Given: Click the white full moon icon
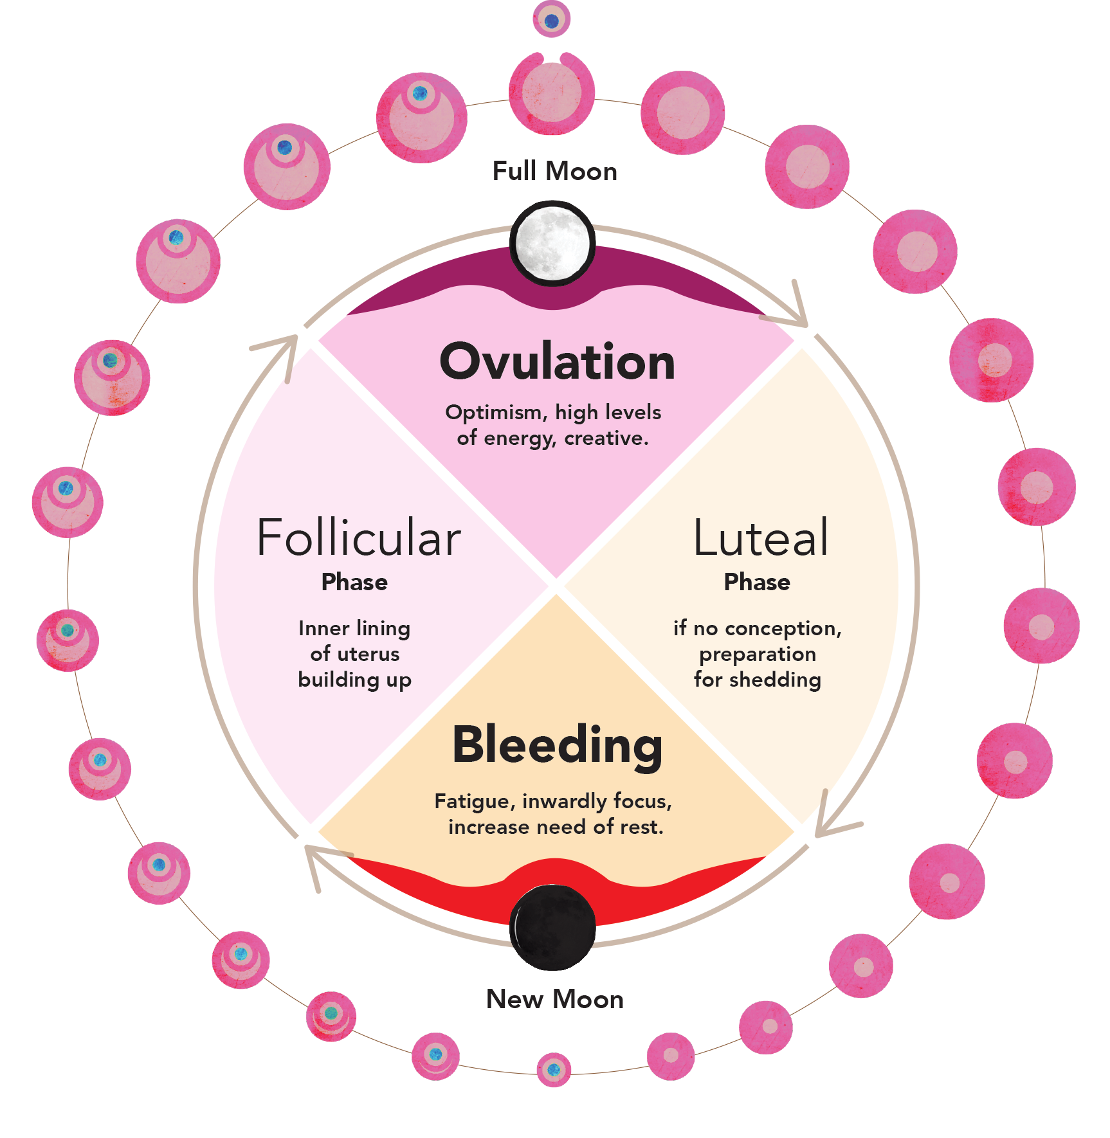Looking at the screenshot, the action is (x=552, y=244).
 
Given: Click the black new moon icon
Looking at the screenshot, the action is (x=552, y=927).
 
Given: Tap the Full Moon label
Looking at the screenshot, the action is (x=554, y=172).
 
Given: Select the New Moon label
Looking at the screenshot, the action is (x=554, y=999).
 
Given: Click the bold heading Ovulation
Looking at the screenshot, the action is (x=557, y=361).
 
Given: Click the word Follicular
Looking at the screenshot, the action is (x=359, y=537).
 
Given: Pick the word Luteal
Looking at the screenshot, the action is (x=761, y=537).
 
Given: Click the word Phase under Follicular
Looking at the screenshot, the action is (x=354, y=582).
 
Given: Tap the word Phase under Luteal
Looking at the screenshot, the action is (x=757, y=582).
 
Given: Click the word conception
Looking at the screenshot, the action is (x=784, y=629).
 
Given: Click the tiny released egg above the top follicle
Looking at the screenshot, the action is (x=551, y=20).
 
